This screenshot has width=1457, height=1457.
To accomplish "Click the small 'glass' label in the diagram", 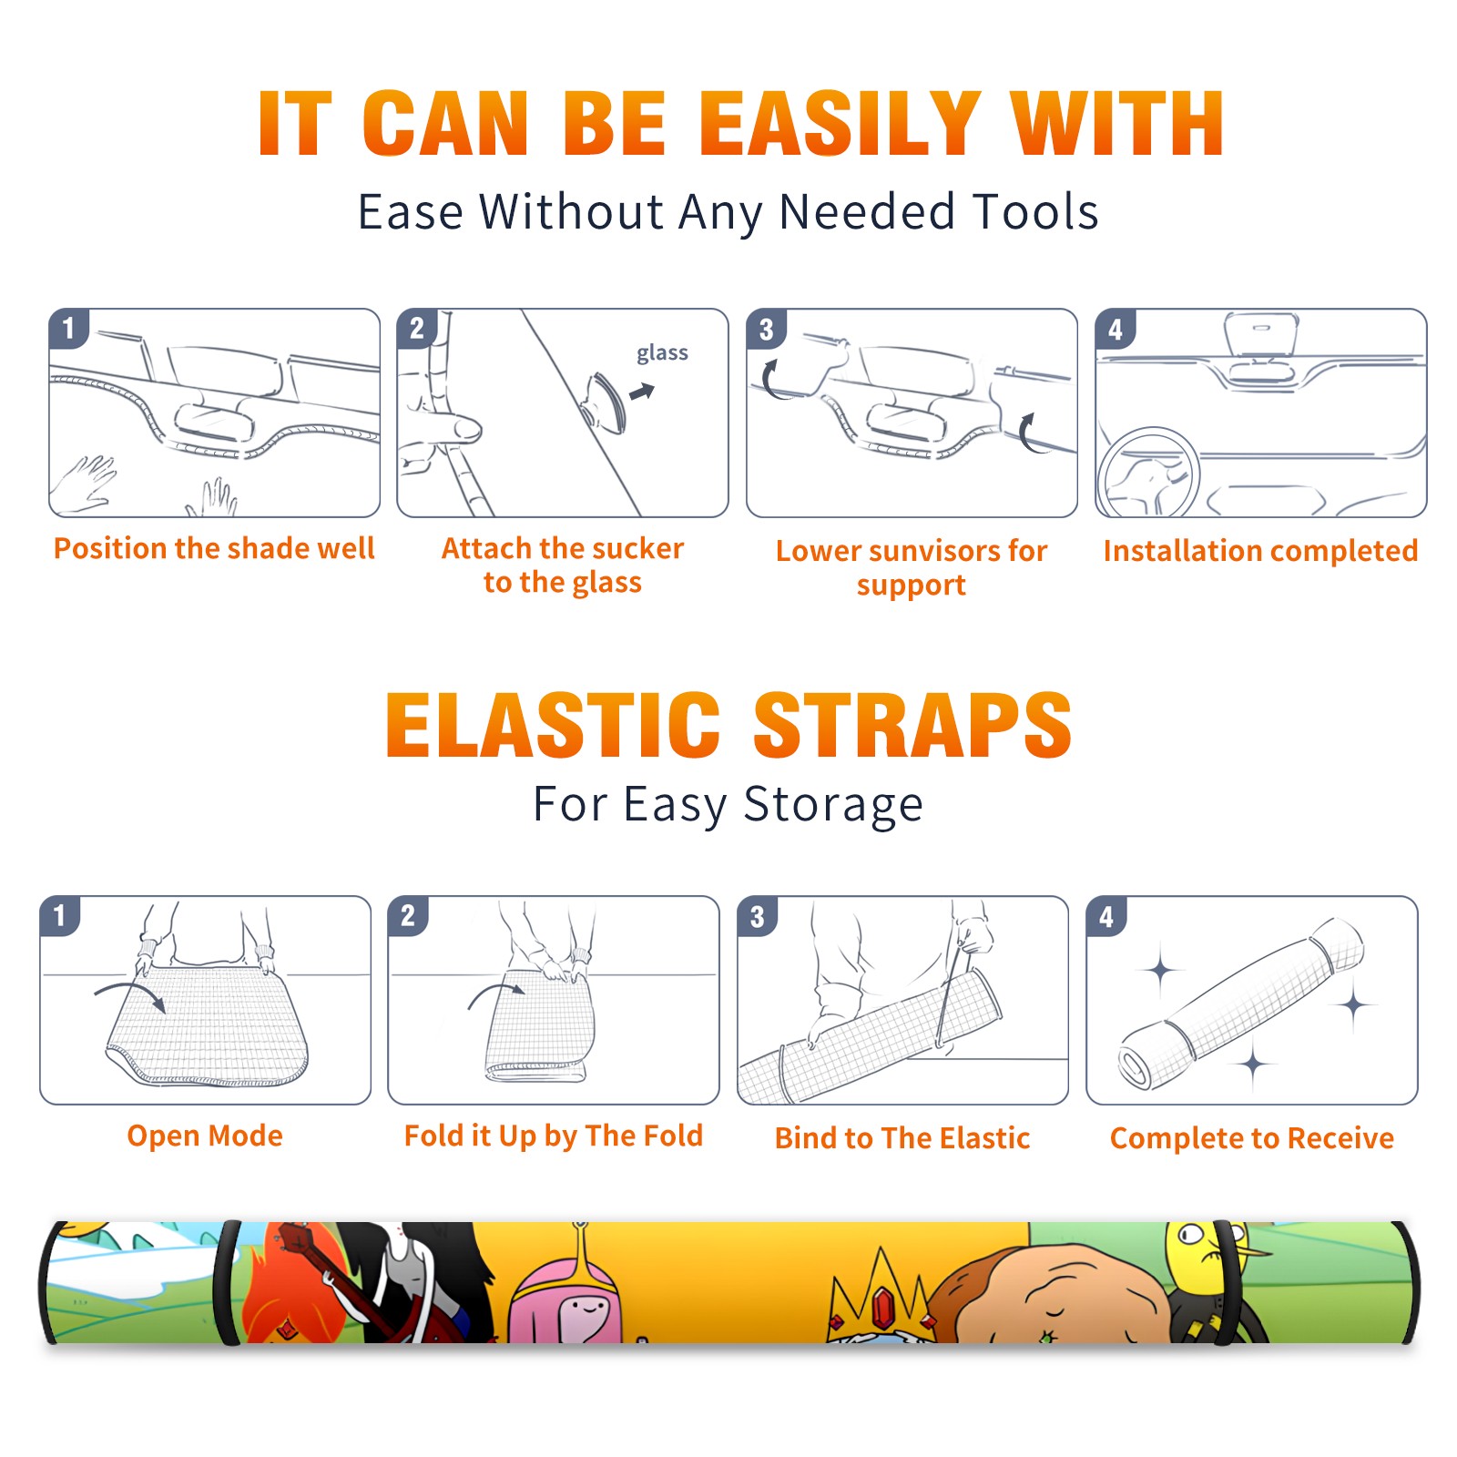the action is [x=662, y=353].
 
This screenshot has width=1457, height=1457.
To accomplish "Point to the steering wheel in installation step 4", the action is [x=1149, y=472].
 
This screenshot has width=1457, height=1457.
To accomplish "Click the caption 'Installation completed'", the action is [x=1260, y=551].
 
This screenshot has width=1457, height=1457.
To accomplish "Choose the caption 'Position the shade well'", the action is [x=214, y=548].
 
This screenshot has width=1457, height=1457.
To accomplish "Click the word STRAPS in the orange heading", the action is [x=912, y=725].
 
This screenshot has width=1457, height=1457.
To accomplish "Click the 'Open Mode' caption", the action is [x=205, y=1136].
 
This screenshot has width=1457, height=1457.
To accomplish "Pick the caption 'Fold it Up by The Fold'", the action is [x=554, y=1136].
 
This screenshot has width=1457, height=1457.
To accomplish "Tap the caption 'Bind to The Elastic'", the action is [x=902, y=1138].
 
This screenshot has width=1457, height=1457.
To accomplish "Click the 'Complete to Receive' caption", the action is [x=1252, y=1138].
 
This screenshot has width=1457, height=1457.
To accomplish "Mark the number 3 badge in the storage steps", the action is [x=758, y=916].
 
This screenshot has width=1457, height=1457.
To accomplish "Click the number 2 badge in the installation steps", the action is [x=417, y=329].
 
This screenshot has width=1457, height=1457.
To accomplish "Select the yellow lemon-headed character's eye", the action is [x=1190, y=1236].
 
